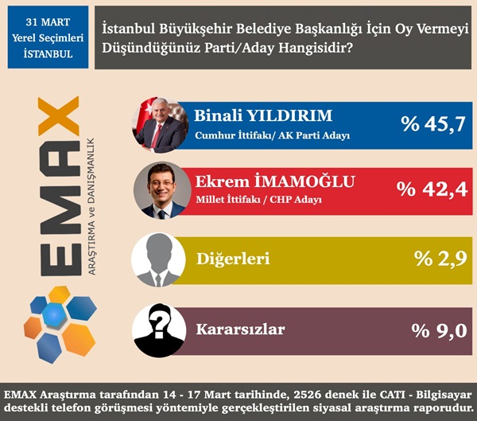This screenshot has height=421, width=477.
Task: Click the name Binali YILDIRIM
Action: click(262, 115)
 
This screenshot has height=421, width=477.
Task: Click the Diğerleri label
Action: click(232, 259)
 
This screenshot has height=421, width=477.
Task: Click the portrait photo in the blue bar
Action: click(160, 125)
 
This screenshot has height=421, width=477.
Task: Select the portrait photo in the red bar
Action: click(160, 189)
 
